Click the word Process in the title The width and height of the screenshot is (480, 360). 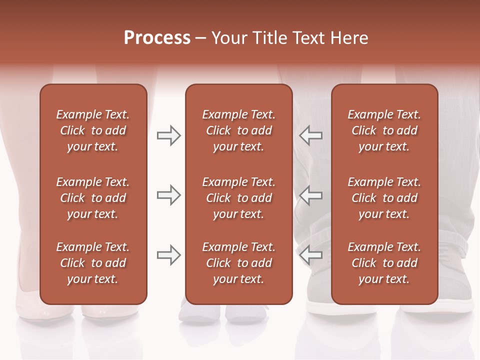coord(157,38)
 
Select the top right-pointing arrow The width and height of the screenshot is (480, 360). coord(168,135)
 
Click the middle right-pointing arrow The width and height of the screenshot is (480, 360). coord(168,195)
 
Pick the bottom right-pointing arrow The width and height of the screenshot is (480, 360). coord(168,255)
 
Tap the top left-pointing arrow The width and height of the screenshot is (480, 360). coord(310,135)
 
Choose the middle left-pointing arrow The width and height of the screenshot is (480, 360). coord(310,195)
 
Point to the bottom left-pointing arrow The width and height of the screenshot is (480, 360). coord(310,255)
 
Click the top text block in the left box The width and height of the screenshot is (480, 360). coord(93,130)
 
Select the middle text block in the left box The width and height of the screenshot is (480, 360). coord(93,198)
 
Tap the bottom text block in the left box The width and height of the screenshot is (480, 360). coord(93,263)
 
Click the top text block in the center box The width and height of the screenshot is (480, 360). coord(238,130)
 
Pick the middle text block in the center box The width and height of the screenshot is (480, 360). coord(238,198)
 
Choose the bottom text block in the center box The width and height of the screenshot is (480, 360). coord(238,263)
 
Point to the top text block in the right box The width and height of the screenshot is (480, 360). coord(384,130)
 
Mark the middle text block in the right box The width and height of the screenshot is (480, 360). coord(384,198)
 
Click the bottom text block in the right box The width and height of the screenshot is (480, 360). coord(384,263)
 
